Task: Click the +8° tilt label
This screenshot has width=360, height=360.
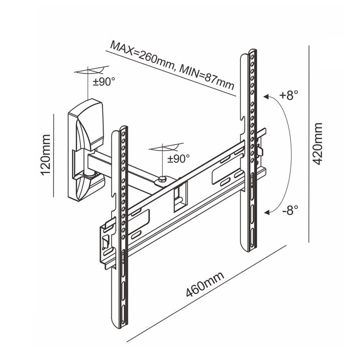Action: (x=289, y=95)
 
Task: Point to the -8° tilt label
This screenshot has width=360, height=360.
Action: (x=289, y=210)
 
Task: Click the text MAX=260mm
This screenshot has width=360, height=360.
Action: (x=141, y=55)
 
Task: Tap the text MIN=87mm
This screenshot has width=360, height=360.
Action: (x=206, y=76)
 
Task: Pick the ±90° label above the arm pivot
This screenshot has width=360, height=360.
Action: (x=178, y=158)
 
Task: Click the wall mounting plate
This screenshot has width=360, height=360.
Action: (x=86, y=150)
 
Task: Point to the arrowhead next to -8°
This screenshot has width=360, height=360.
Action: (x=269, y=212)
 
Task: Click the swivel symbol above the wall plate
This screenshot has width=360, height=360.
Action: (x=91, y=70)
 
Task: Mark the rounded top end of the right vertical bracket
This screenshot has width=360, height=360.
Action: (x=252, y=52)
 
